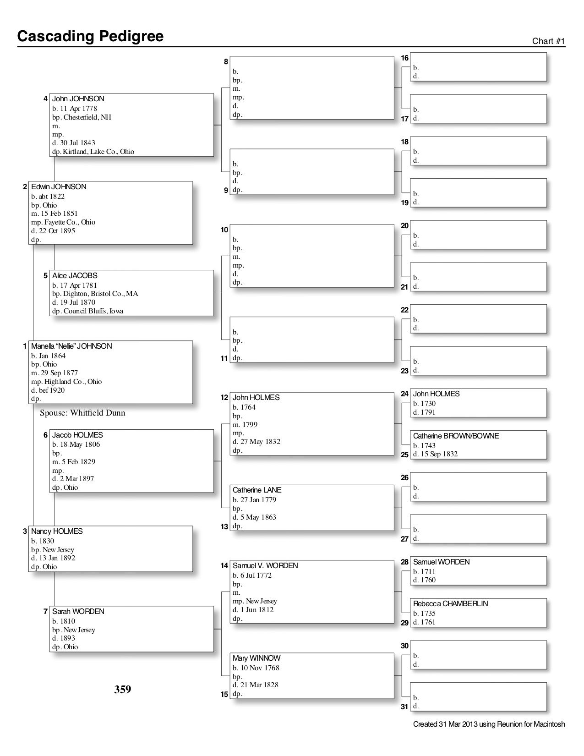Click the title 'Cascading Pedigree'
click(x=90, y=36)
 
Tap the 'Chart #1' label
click(x=548, y=41)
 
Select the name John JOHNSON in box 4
click(x=78, y=99)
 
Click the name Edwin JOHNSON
click(x=59, y=187)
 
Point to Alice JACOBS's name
click(x=75, y=276)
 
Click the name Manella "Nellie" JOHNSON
click(x=71, y=346)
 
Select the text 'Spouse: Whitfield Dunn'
click(x=82, y=413)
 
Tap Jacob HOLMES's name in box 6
click(x=77, y=435)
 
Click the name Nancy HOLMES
click(x=57, y=531)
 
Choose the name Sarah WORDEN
click(x=78, y=612)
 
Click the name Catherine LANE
click(x=257, y=490)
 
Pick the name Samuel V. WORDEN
click(x=265, y=566)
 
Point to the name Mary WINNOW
click(x=257, y=658)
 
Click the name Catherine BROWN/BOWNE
click(x=456, y=436)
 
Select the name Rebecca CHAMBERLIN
click(x=450, y=604)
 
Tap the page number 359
click(x=123, y=690)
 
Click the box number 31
click(x=404, y=707)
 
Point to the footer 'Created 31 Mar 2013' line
click(x=489, y=724)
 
